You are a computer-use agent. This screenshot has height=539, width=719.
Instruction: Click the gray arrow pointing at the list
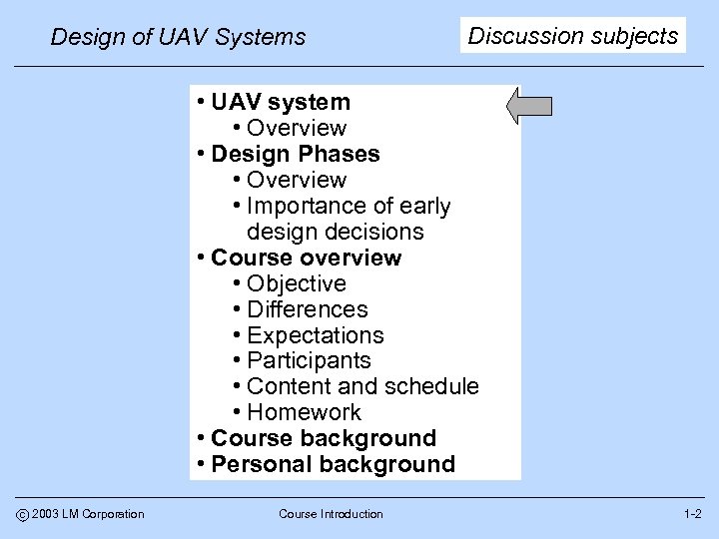coord(530,106)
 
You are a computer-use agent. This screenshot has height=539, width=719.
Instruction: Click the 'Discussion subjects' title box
coord(573,36)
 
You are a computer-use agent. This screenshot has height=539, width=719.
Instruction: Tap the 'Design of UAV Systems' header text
coord(178,38)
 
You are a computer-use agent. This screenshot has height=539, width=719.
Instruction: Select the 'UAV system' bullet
coord(281,102)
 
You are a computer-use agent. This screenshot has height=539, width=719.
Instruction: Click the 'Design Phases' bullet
coord(296,154)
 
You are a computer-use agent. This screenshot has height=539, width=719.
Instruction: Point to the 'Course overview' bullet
coord(306,258)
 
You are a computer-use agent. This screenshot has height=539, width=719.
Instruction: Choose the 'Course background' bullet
coord(324,438)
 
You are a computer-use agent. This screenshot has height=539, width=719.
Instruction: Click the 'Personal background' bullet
coord(333,464)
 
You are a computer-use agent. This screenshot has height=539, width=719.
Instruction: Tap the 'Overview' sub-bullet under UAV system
coord(296,128)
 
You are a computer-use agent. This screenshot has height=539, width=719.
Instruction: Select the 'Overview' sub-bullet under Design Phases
coord(296,180)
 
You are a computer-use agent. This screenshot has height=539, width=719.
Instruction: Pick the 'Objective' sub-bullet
coord(296,283)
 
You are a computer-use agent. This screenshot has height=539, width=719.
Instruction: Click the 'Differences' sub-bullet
coord(307,309)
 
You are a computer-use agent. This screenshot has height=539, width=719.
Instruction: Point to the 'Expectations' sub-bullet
coord(315,335)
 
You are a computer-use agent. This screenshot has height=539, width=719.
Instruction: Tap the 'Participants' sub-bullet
coord(308,360)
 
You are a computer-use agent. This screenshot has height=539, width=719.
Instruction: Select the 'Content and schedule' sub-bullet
coord(361,386)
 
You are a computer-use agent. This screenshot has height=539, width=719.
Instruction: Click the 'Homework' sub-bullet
coord(304,412)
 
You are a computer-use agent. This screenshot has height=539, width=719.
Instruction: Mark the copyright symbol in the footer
coord(22,514)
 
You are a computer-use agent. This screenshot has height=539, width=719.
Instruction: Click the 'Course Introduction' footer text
coord(331,514)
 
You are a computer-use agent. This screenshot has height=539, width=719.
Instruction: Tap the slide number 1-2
coord(692,514)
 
